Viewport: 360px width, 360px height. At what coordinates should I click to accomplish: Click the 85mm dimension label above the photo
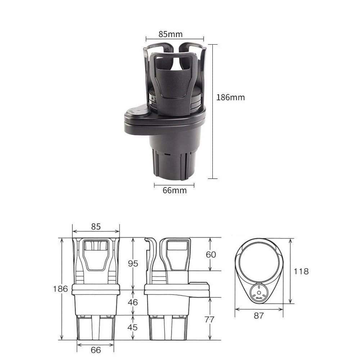[x=170, y=34]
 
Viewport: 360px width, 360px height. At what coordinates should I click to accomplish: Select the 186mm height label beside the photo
[x=230, y=97]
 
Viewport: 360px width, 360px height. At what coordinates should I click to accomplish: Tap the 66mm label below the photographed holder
[x=175, y=190]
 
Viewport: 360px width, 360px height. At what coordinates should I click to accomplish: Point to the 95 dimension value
[x=133, y=264]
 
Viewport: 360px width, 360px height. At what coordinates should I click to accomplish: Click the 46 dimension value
[x=133, y=302]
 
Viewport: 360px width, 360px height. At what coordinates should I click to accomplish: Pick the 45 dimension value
[x=133, y=328]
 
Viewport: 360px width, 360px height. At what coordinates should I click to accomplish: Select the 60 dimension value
[x=211, y=255]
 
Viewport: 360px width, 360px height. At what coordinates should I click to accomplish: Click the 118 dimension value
[x=301, y=271]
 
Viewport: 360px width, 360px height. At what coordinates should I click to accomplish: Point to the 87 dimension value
[x=258, y=316]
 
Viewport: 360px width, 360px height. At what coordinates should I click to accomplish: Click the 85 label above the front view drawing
[x=96, y=226]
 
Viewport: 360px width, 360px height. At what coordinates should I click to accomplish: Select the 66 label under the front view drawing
[x=96, y=350]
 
